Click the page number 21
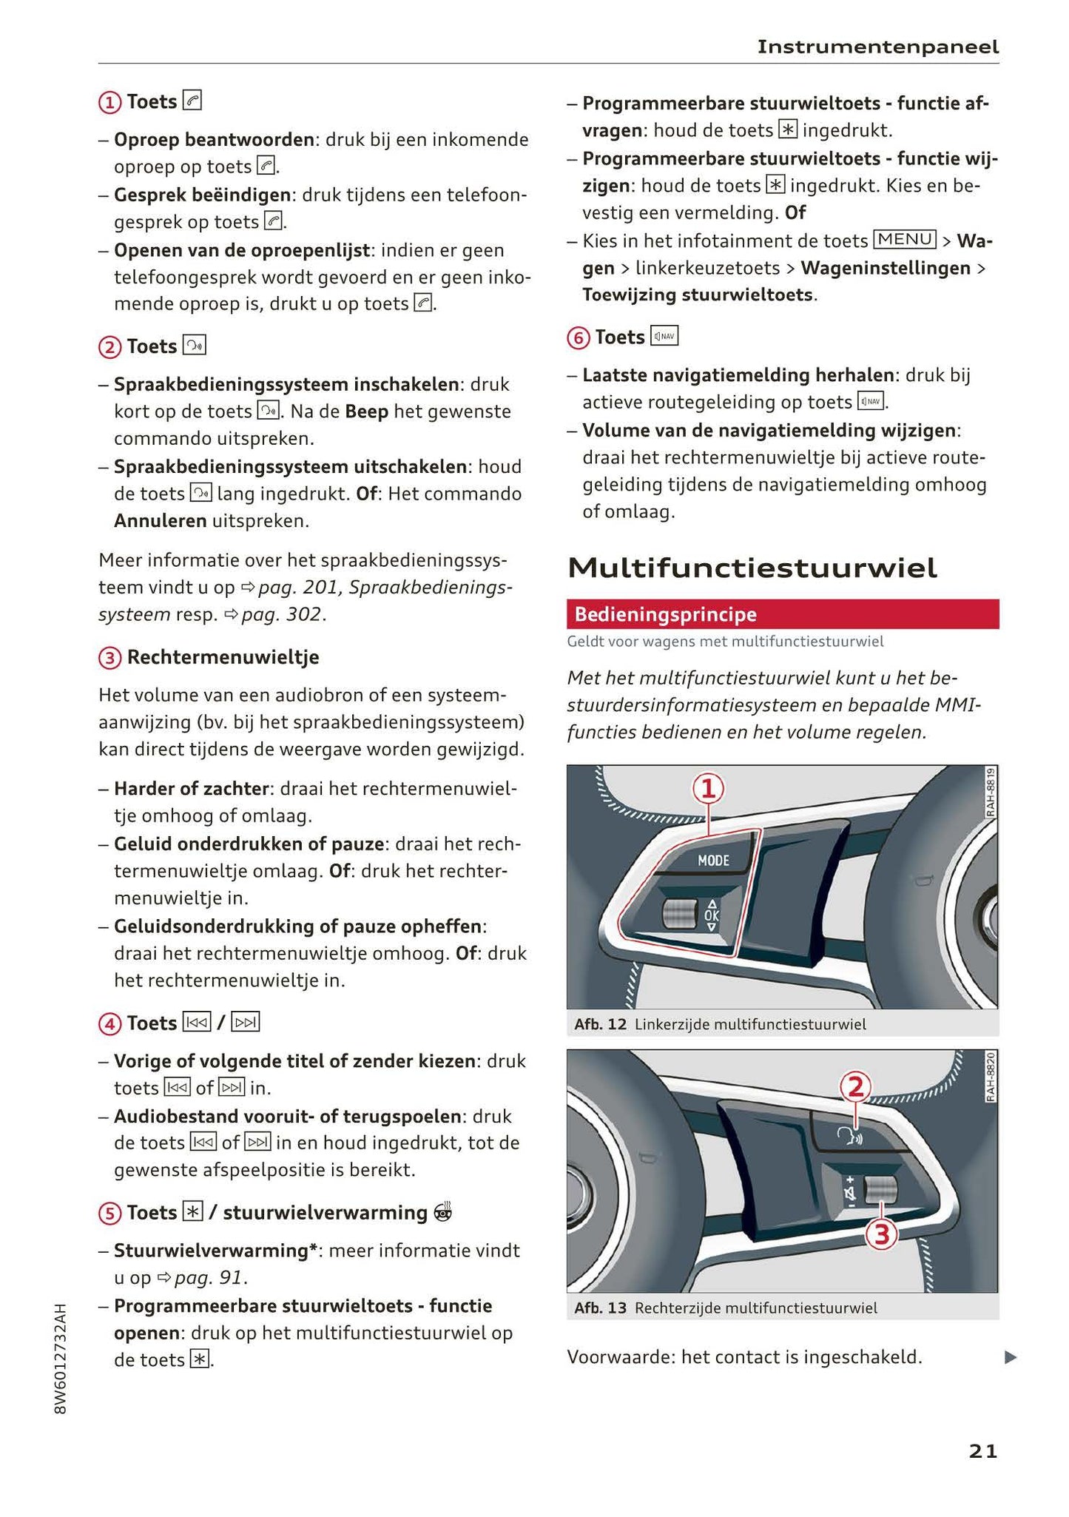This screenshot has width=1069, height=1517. click(982, 1451)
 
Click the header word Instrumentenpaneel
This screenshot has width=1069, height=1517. click(877, 47)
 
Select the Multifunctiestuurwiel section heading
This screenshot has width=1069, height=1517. click(752, 568)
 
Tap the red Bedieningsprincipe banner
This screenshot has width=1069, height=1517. click(782, 614)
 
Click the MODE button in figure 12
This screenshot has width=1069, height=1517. click(713, 860)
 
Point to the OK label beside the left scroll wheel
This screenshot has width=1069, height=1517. click(711, 915)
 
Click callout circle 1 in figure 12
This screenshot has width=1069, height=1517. click(708, 789)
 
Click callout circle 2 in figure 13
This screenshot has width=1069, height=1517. click(855, 1087)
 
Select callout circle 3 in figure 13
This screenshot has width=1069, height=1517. click(881, 1234)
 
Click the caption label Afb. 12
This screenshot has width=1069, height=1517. click(600, 1024)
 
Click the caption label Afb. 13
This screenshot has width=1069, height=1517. click(600, 1308)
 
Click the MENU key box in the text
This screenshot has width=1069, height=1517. click(904, 240)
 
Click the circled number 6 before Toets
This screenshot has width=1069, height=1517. click(578, 338)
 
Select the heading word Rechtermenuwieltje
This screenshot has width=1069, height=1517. click(223, 657)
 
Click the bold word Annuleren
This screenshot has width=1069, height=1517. click(160, 521)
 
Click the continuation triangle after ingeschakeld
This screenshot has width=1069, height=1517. click(1010, 1357)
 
